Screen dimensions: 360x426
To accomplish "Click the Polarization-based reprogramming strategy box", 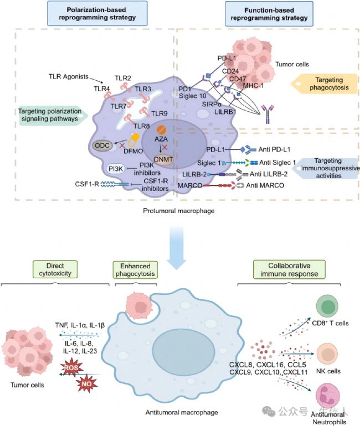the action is tap(97, 13).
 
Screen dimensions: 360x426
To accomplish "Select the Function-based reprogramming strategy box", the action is tap(269, 14).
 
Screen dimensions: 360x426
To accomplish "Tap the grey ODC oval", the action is tap(102, 146).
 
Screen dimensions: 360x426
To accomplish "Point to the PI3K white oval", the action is tap(116, 169).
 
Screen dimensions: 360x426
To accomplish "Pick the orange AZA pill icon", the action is tap(161, 130).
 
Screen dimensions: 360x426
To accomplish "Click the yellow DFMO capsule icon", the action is tap(134, 141).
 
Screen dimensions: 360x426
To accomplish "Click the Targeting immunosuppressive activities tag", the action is tap(327, 168).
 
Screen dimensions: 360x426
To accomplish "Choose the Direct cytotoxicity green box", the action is tap(55, 269).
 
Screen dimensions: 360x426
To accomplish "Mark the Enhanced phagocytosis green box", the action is tap(135, 270).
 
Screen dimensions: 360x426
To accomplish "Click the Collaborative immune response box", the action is tap(289, 269).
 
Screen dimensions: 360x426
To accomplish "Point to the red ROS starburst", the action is tap(71, 368).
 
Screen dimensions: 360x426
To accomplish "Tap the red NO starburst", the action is tap(87, 383).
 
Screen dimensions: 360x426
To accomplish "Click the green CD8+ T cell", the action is tap(327, 306).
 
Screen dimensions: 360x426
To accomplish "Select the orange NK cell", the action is tap(327, 354).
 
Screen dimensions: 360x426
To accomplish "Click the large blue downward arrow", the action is tap(177, 248).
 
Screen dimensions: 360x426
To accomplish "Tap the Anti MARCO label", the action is tap(265, 185).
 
